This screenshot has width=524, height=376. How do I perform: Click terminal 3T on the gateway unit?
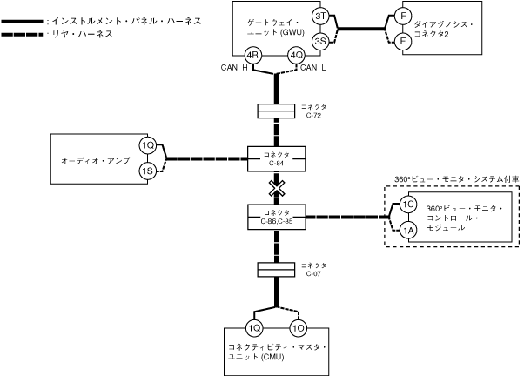coord(320,16)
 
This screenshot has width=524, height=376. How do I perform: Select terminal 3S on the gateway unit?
coord(320,41)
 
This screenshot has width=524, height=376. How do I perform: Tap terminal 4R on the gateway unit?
coord(253,55)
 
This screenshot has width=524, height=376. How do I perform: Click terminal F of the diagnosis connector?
coord(403,16)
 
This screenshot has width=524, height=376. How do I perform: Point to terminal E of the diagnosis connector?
coord(403,41)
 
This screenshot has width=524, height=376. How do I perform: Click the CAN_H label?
coord(234,68)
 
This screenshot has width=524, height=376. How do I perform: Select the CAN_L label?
coord(312,68)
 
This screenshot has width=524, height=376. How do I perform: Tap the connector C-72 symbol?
coord(276,111)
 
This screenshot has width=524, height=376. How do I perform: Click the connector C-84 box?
coord(277,159)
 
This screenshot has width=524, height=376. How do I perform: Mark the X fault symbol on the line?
coord(277,189)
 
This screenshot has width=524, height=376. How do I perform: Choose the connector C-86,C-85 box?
coord(277,218)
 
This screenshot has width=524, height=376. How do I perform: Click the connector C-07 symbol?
coord(276,270)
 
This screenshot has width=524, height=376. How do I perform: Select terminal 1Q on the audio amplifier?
coord(148,145)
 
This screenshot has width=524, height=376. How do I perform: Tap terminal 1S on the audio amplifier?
coord(148,171)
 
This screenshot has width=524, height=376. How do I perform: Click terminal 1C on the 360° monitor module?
coord(408,205)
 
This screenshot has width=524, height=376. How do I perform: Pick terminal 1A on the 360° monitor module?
coord(408,231)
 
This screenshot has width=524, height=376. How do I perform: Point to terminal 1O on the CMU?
coord(298,328)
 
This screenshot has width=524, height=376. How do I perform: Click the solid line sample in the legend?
coord(22,22)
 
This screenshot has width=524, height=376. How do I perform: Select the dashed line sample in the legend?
coord(22,35)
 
